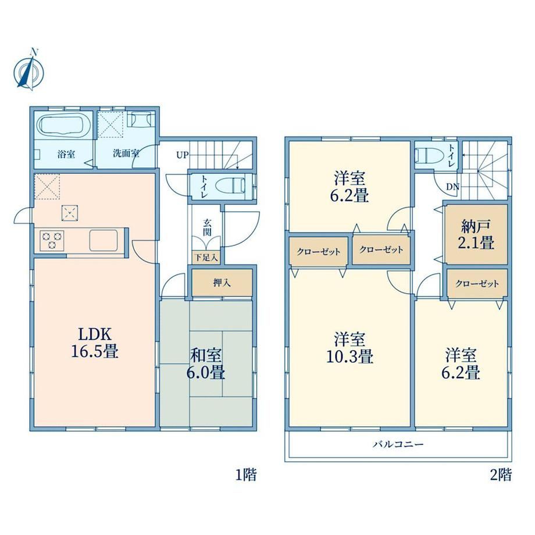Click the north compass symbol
coord(29,70)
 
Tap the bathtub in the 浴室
coord(63,127)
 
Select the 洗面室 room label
coord(126,153)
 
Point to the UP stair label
coord(182,155)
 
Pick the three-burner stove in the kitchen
coord(52,240)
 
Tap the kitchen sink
coord(104,240)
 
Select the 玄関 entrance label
coord(207,227)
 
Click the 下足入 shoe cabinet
coord(206,257)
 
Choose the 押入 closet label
coord(222,283)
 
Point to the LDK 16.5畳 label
coord(95,343)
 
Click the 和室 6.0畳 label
coord(206,364)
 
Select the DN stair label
coord(453,187)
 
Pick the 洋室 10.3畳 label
coord(349,348)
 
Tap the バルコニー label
coord(398,444)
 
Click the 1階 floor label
coord(246,475)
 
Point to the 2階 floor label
coord(501,475)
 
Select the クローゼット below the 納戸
coord(477,284)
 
